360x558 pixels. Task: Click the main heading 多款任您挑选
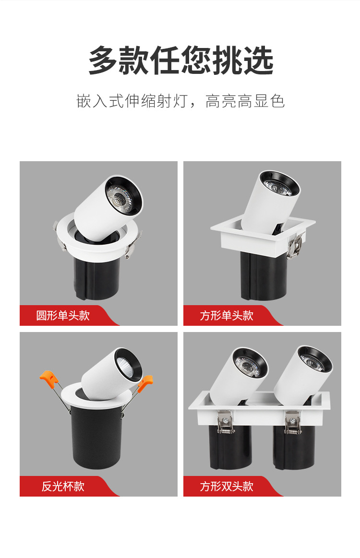(x=180, y=61)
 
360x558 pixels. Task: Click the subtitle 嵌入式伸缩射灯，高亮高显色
(x=180, y=101)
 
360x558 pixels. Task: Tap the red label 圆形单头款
(x=63, y=316)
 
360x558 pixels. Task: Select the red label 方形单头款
(x=227, y=316)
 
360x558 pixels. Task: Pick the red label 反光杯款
(x=63, y=486)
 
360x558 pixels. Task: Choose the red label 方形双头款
(x=227, y=486)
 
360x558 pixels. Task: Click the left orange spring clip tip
(x=47, y=377)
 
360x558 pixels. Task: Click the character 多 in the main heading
(x=103, y=61)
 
